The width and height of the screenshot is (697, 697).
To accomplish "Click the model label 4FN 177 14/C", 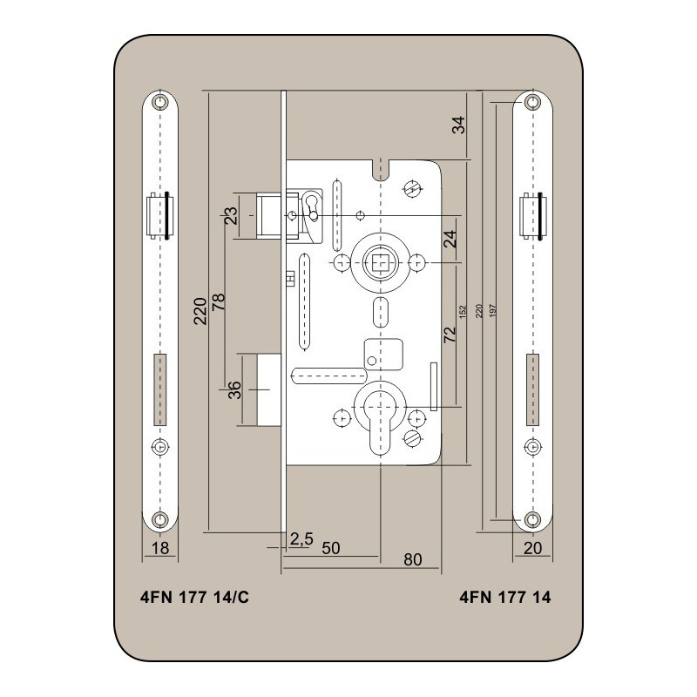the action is pos(194,597).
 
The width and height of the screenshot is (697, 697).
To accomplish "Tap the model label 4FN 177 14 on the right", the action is pos(505,597).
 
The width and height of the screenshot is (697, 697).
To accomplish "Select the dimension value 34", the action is pos(458,125).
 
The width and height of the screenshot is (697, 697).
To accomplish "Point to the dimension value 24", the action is pos(450,239).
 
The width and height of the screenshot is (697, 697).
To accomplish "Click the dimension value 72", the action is pos(450,335).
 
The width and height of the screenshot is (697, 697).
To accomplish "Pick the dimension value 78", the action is pos(219,302).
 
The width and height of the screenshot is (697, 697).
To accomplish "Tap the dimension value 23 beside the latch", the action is pos(231,216).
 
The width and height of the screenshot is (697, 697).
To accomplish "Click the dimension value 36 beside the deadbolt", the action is pos(234,389).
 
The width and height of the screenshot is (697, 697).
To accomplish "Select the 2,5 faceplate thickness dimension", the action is pos(301,538).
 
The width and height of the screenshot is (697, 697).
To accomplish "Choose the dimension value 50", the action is pos(331,548).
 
